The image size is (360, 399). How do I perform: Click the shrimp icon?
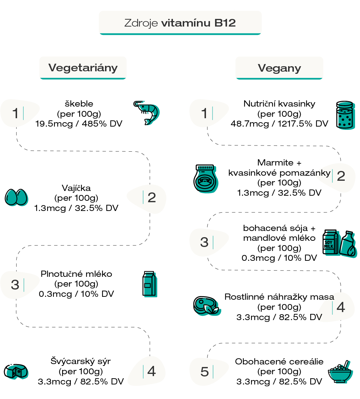tap(146, 113)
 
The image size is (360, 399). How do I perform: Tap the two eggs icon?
tap(16, 197)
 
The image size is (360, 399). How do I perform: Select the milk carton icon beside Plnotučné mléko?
tap(150, 284)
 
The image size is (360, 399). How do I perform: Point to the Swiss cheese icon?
tap(16, 372)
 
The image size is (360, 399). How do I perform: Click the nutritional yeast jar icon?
tap(345, 115)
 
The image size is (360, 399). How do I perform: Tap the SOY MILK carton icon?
tap(331, 243)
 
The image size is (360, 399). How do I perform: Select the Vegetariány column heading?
tap(83, 68)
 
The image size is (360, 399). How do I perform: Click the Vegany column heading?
tap(279, 68)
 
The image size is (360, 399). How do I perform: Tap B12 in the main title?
tap(225, 23)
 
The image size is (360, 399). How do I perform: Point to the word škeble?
tap(79, 104)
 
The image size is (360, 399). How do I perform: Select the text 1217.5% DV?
tap(303, 124)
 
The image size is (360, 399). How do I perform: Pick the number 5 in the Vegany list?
tap(205, 372)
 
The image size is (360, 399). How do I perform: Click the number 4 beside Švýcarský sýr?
tap(151, 371)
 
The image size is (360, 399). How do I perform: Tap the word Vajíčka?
tap(76, 188)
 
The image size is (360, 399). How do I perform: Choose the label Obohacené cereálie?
tap(279, 361)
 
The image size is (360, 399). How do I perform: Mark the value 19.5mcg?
tap(54, 124)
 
